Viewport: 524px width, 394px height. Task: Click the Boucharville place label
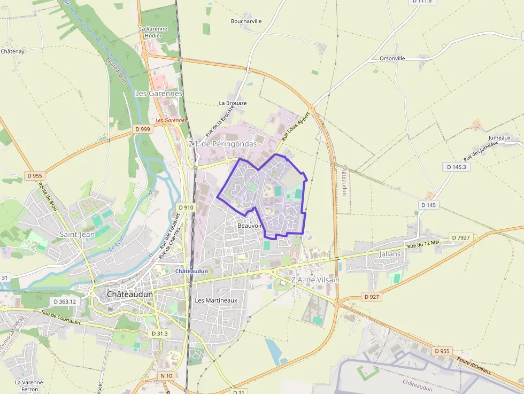[x=246, y=21]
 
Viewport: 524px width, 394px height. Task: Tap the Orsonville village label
[x=392, y=58]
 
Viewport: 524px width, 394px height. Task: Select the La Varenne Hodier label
[x=153, y=32]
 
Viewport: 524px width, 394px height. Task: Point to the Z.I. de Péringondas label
[x=222, y=144]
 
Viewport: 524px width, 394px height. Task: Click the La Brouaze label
[x=233, y=103]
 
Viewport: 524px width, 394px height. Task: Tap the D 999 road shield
[x=143, y=129]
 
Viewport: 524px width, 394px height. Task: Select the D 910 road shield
[x=186, y=207]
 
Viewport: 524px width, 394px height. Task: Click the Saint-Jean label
[x=78, y=234]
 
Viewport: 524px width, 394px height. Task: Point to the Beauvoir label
[x=249, y=226]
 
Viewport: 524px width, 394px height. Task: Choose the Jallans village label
[x=389, y=254]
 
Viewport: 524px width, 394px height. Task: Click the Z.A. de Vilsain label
[x=315, y=280]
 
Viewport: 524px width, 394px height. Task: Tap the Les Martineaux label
[x=216, y=300]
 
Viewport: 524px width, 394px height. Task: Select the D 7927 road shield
[x=460, y=237]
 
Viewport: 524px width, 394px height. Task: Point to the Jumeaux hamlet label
[x=499, y=137]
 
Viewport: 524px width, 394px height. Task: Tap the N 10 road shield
[x=166, y=376]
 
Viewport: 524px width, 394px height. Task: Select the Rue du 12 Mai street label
[x=423, y=244]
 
